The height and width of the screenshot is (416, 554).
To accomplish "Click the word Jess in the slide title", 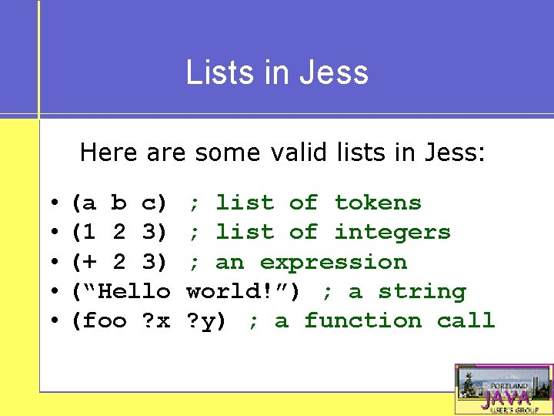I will (340, 72).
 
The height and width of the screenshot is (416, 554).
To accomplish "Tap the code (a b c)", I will (119, 203).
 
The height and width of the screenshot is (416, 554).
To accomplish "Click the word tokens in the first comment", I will (378, 203).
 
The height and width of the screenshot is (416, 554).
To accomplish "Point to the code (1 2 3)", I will (119, 233).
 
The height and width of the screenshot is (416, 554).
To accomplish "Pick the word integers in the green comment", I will (392, 233).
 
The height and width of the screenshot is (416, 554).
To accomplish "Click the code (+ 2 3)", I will (119, 262).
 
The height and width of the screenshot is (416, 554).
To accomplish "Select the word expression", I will (333, 262).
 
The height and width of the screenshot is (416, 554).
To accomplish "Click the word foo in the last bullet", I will (105, 321).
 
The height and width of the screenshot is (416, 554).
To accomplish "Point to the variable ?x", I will (156, 321).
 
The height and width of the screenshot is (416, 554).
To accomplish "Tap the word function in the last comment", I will (362, 321).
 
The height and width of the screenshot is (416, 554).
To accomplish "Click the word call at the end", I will (466, 321).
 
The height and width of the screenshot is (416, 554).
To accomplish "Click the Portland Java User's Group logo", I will (503, 390).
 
